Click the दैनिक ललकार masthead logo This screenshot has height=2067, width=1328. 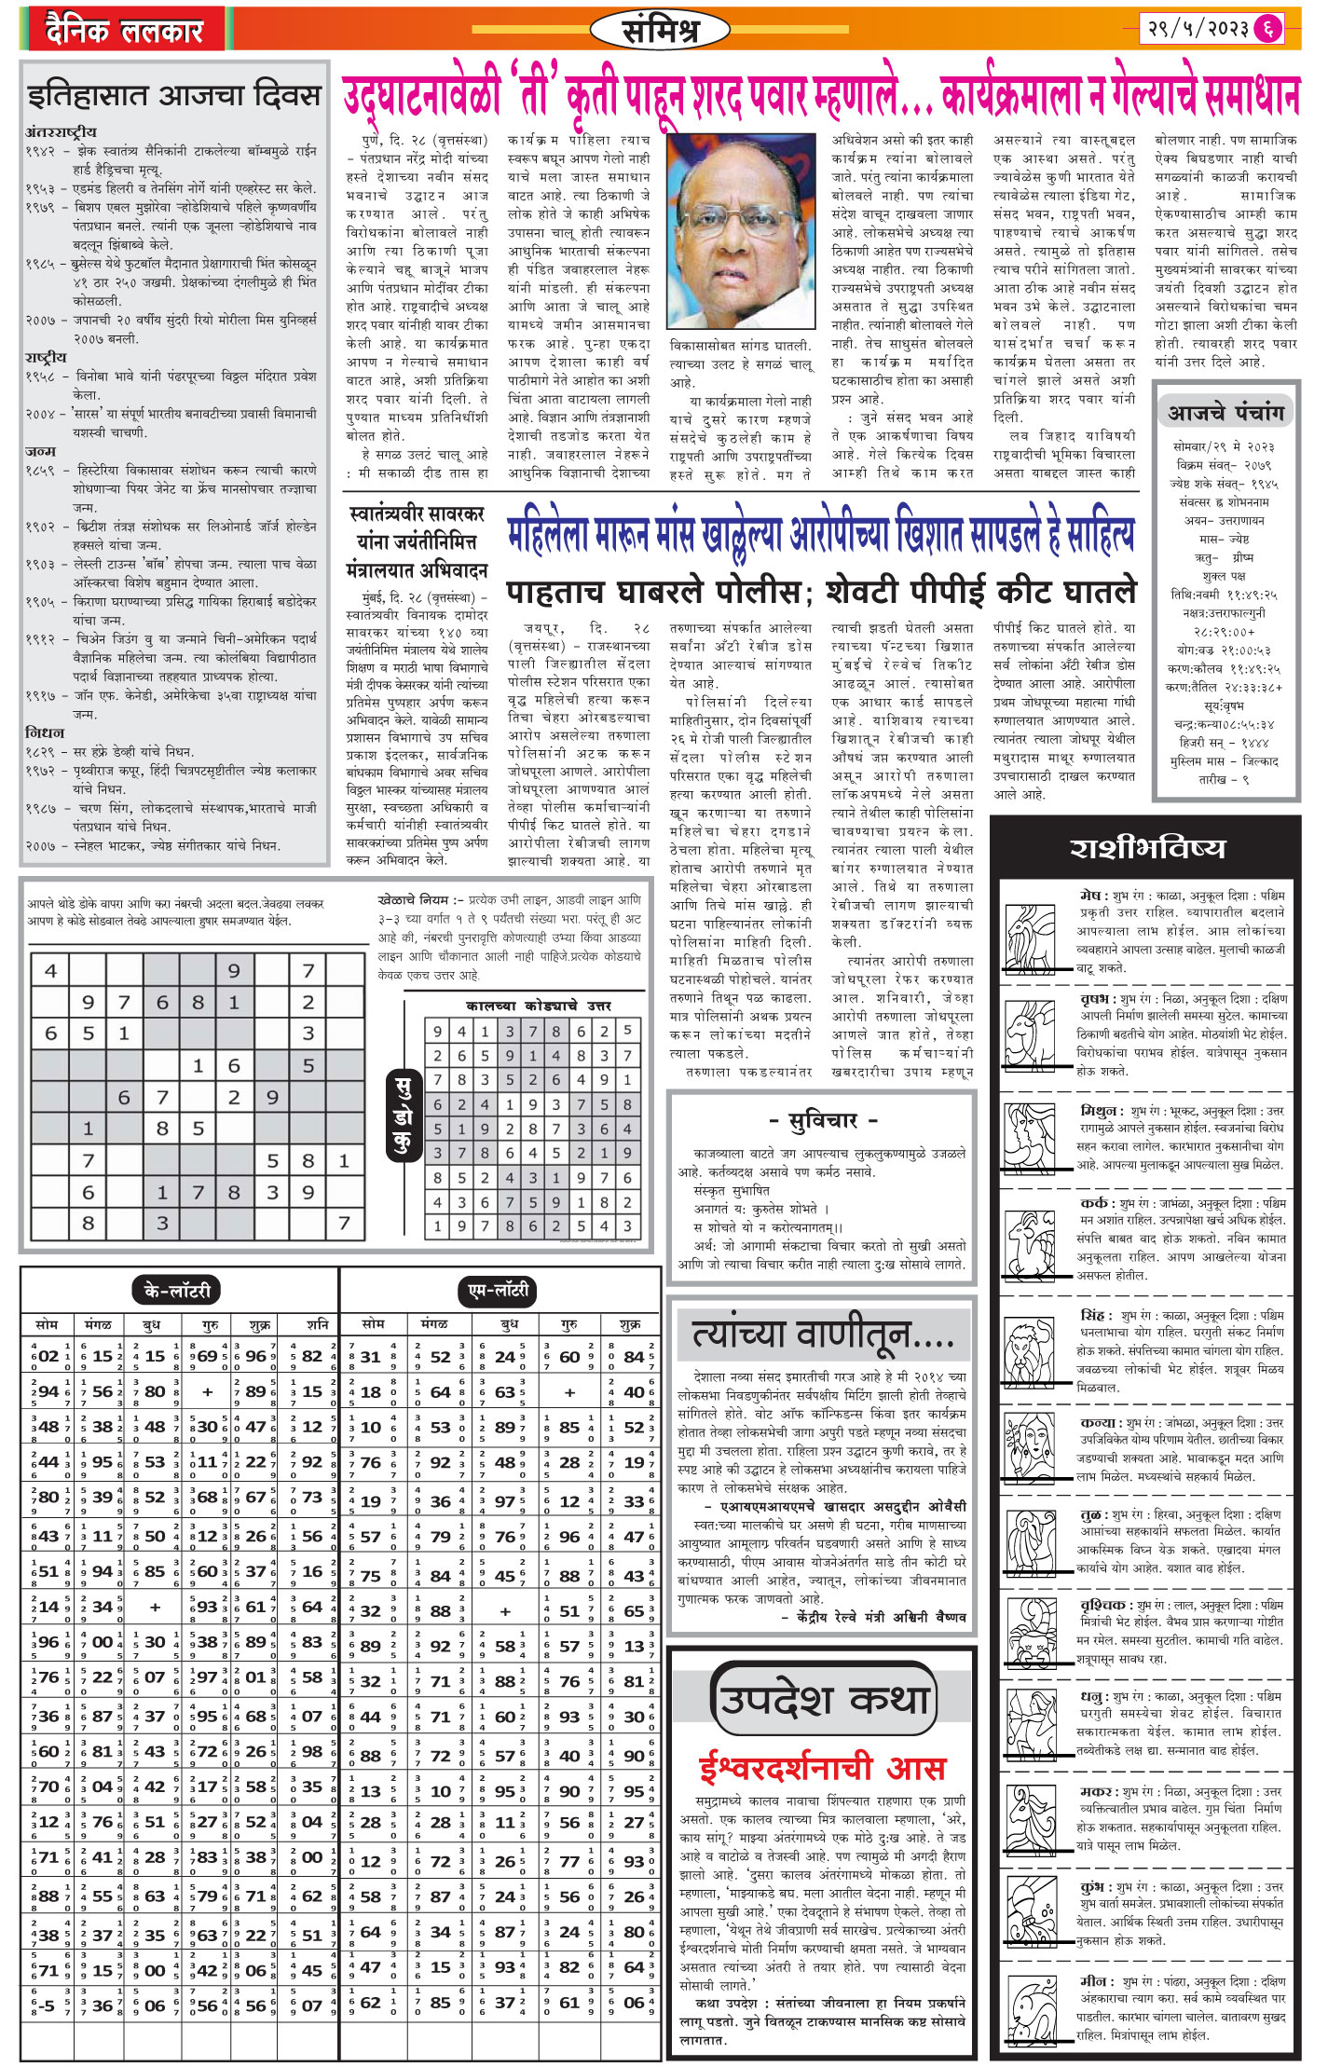[123, 30]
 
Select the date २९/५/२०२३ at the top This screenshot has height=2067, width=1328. [1197, 29]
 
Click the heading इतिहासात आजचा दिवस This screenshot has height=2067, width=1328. [174, 96]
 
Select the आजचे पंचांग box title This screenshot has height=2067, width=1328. [1226, 412]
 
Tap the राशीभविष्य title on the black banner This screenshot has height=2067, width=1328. [1146, 848]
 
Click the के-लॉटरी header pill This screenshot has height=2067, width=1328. [177, 1291]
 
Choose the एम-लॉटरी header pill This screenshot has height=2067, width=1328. [499, 1291]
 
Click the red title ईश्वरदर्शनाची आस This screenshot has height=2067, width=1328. [822, 1767]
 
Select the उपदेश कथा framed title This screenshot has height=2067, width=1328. [822, 1699]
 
